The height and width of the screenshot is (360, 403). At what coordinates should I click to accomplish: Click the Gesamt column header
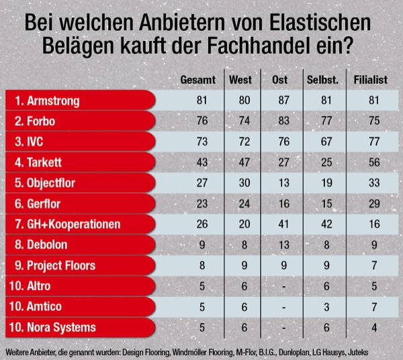(x=197, y=81)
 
